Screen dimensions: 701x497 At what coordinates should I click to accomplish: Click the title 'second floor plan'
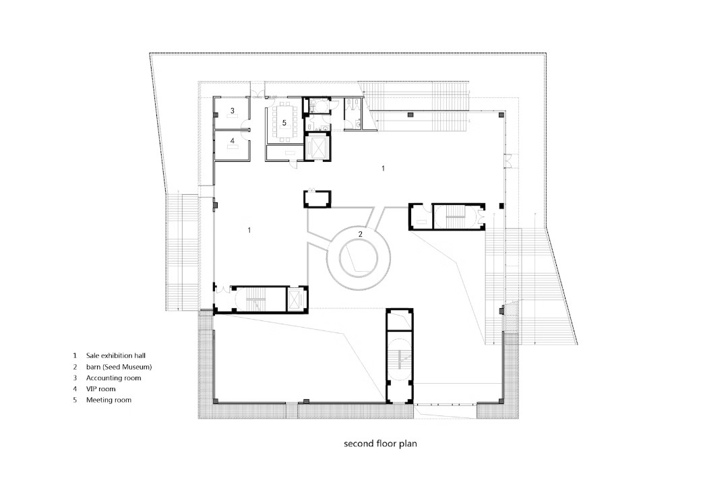pos(380,444)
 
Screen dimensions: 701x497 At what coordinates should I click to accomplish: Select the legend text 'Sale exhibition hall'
pos(116,355)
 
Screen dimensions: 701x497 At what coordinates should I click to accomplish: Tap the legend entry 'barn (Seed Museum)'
pos(119,367)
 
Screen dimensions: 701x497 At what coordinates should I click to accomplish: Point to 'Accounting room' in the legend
pos(113,378)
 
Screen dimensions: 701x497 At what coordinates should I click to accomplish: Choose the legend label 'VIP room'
pos(100,388)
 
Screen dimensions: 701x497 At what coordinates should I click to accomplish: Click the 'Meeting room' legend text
pos(109,400)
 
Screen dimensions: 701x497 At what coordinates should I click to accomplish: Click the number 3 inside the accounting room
pos(233,110)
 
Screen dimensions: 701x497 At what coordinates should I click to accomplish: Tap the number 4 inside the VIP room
pos(233,140)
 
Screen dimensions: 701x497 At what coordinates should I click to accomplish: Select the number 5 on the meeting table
pos(284,122)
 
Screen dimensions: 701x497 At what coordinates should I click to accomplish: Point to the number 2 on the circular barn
pos(361,233)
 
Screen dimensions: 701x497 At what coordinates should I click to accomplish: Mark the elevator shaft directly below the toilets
pos(318,146)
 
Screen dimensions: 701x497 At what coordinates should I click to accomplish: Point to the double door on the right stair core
pos(481,216)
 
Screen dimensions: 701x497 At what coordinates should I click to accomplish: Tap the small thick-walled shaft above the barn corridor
pos(317,199)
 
